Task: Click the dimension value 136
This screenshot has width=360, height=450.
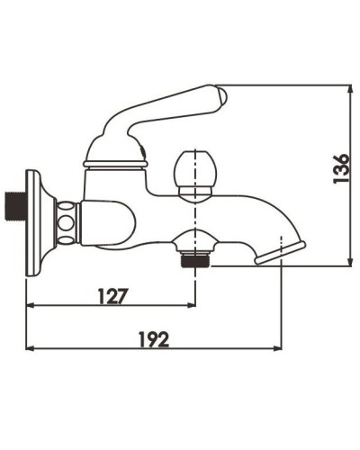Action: [341, 168]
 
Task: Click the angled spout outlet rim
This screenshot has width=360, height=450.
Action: [280, 251]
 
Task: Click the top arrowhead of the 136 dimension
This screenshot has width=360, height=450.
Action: [349, 89]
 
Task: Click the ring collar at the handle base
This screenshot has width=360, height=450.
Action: [114, 163]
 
